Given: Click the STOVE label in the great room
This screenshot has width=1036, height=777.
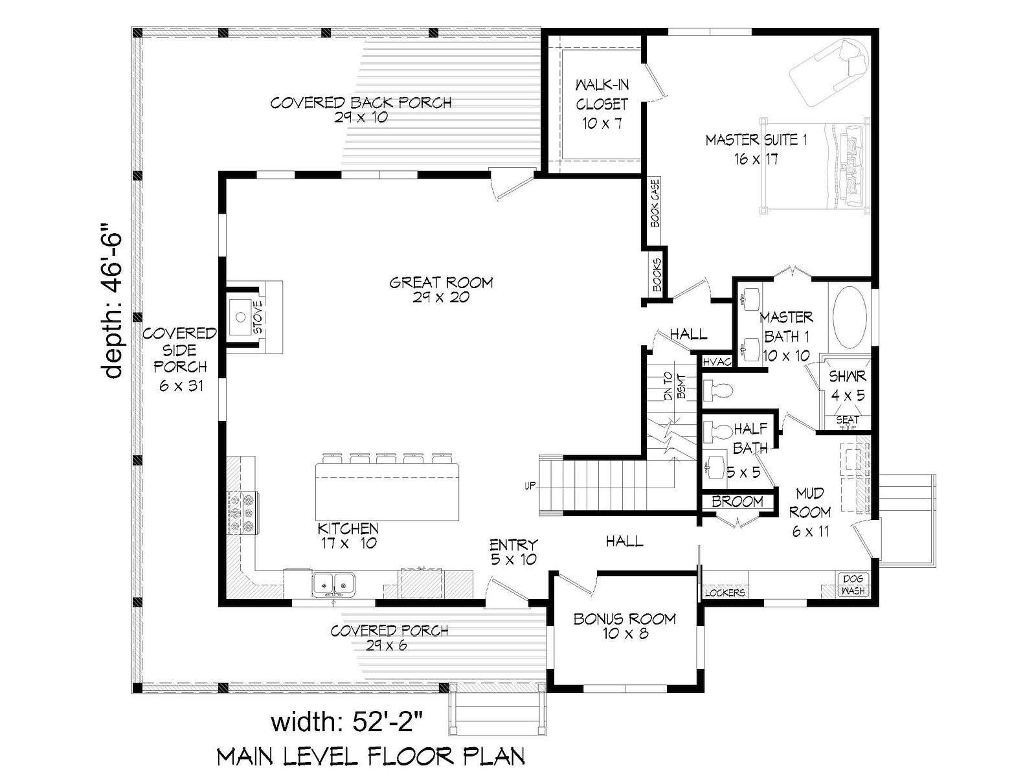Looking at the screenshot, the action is pos(258,317).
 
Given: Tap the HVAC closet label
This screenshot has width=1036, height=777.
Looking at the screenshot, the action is pos(717,362).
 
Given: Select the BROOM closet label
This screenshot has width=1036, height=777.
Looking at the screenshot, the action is pos(738,501).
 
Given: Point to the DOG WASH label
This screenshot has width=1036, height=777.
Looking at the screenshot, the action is pos(853,585).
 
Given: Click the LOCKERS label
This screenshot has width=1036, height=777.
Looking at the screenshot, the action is pos(725,592).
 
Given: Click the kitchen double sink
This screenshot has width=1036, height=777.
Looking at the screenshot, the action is pos(333,585).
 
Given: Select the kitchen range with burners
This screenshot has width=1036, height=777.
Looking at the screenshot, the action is pos(243,513).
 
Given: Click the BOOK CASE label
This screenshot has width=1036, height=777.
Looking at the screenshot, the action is pos(655,203).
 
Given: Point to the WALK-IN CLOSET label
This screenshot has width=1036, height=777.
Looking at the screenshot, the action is pos(602,95).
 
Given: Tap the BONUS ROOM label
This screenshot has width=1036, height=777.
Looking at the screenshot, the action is pos(624,618).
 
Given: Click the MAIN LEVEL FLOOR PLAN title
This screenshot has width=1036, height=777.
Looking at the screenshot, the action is pos(371,756).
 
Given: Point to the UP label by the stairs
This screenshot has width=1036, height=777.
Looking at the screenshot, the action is pos(530,486).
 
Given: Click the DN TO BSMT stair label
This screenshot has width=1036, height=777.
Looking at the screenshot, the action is pos(675,387).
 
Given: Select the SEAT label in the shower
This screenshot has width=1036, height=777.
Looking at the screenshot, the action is pos(848,419).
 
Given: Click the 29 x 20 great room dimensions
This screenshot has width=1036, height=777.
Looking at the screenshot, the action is pos(441,297).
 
